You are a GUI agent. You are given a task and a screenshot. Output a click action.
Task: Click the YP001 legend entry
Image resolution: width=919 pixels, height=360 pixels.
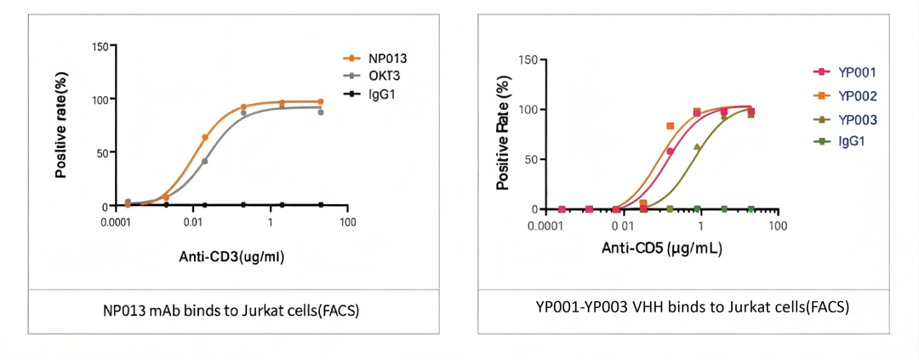(x=857, y=72)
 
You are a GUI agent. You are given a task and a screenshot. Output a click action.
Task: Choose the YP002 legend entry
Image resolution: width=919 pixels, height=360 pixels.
(x=857, y=96)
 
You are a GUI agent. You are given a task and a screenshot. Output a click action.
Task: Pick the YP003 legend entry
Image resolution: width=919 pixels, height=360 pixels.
(x=857, y=119)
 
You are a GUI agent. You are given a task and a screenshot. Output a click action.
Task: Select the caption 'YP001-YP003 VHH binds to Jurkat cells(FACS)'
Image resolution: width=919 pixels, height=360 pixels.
(x=692, y=307)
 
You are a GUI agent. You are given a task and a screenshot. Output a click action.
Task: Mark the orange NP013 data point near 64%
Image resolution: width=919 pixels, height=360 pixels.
(x=205, y=137)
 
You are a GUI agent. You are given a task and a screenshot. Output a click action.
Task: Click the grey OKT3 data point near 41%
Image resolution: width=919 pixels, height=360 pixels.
(x=205, y=161)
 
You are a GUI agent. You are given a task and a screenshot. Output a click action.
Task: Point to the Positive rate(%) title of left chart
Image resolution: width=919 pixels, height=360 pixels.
(x=61, y=125)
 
